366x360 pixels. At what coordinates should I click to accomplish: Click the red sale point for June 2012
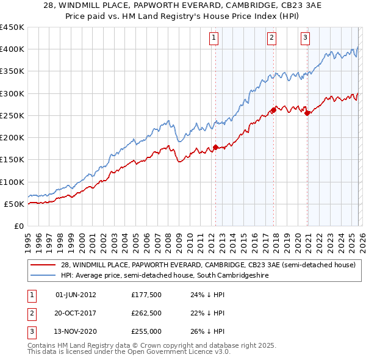click(x=215, y=147)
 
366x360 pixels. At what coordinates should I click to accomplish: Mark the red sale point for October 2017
click(x=273, y=110)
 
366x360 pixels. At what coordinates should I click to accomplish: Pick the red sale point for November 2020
click(x=307, y=113)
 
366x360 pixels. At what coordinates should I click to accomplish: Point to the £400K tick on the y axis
click(x=12, y=49)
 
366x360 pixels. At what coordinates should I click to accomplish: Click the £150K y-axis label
click(x=12, y=160)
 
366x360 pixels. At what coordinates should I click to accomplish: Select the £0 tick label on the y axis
click(x=18, y=226)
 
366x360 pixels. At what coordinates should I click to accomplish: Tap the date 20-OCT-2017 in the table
click(x=76, y=314)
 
